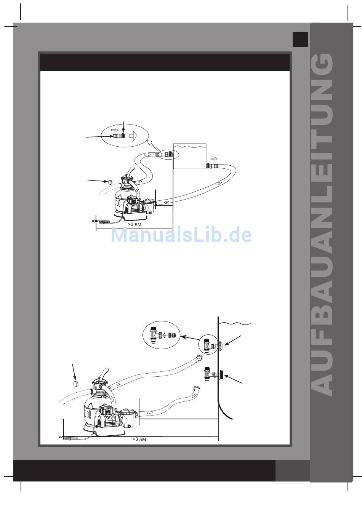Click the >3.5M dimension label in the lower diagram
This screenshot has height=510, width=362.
click(139, 439)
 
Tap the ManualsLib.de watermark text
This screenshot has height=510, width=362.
click(181, 235)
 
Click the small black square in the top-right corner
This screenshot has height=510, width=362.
click(300, 39)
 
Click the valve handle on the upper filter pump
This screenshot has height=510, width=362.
click(130, 171)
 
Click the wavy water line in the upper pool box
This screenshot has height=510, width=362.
click(190, 147)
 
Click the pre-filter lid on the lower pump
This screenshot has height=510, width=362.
click(128, 413)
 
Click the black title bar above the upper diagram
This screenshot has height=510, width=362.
click(165, 62)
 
